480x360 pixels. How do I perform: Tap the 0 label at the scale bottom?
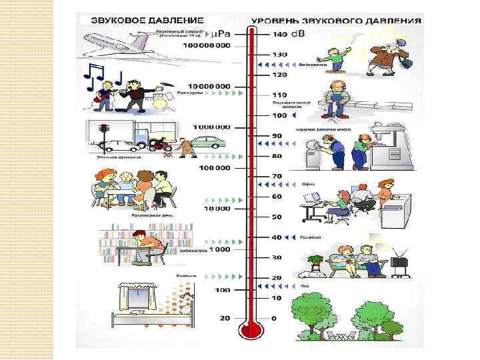[x=274, y=319]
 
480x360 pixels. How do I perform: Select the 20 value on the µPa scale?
[x=224, y=319]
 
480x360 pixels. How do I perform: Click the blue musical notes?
[x=102, y=75]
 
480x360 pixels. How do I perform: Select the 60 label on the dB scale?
[x=276, y=197]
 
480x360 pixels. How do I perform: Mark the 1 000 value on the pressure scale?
[x=219, y=249]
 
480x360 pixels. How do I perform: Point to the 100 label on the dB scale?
[x=278, y=115]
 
